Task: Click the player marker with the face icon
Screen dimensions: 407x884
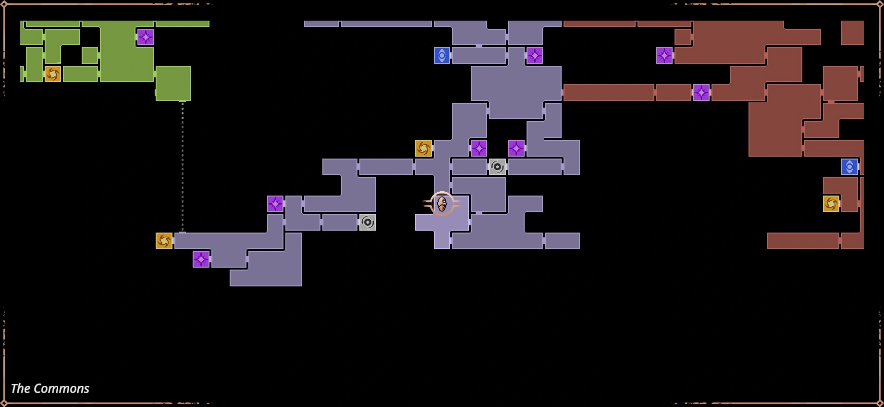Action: pyautogui.click(x=442, y=204)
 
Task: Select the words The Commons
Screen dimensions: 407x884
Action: pyautogui.click(x=50, y=388)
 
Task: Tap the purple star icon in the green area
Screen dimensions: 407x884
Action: pyautogui.click(x=145, y=37)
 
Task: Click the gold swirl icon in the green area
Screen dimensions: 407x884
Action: pyautogui.click(x=53, y=74)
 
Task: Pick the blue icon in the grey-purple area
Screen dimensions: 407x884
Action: pyautogui.click(x=442, y=56)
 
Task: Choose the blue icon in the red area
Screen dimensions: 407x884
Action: pyautogui.click(x=849, y=167)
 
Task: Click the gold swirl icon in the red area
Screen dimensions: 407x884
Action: pyautogui.click(x=831, y=204)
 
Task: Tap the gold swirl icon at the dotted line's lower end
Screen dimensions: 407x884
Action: pyautogui.click(x=164, y=241)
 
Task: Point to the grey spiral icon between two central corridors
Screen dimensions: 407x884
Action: pyautogui.click(x=497, y=167)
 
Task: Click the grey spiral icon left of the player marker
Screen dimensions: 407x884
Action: pyautogui.click(x=368, y=222)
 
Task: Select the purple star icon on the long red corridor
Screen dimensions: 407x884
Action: pyautogui.click(x=701, y=92)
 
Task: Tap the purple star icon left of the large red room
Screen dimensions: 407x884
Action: pyautogui.click(x=664, y=56)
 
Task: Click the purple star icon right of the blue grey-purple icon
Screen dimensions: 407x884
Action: pyautogui.click(x=534, y=56)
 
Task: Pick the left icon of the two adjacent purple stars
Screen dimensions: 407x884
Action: pyautogui.click(x=479, y=148)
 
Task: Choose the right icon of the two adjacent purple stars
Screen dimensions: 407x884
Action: pyautogui.click(x=516, y=148)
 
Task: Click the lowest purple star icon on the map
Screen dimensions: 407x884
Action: pyautogui.click(x=201, y=259)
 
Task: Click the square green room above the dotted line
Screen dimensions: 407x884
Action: pyautogui.click(x=173, y=83)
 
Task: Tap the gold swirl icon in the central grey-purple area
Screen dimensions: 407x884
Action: pyautogui.click(x=423, y=148)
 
